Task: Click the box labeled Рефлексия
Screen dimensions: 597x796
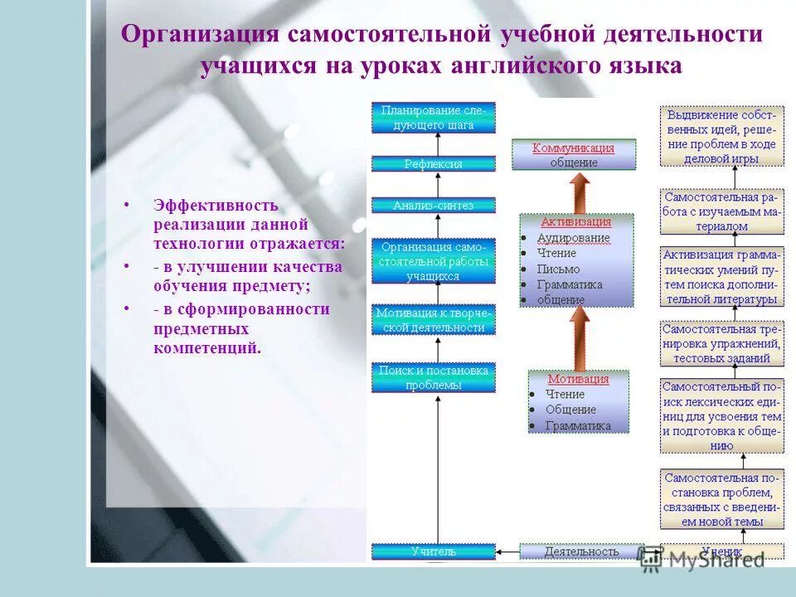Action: tap(433, 164)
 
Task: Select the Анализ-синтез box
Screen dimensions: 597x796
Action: tap(433, 206)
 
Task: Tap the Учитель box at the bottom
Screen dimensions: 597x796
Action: tap(433, 551)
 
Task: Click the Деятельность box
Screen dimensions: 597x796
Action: tap(581, 551)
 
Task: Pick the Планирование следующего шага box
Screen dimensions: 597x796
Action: tap(433, 117)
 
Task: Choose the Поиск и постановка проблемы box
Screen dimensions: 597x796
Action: tap(433, 377)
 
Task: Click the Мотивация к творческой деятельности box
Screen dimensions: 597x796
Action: tap(433, 320)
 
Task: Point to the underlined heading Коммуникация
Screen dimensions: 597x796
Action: tap(573, 148)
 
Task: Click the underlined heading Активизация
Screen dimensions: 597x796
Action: tap(576, 221)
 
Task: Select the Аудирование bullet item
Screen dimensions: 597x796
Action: tap(573, 238)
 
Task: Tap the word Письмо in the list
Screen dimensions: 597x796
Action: tap(558, 269)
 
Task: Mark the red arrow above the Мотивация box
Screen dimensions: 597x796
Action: tap(580, 337)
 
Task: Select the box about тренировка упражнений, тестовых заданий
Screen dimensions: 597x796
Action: tap(722, 343)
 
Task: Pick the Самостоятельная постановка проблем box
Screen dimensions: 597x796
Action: tap(722, 500)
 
